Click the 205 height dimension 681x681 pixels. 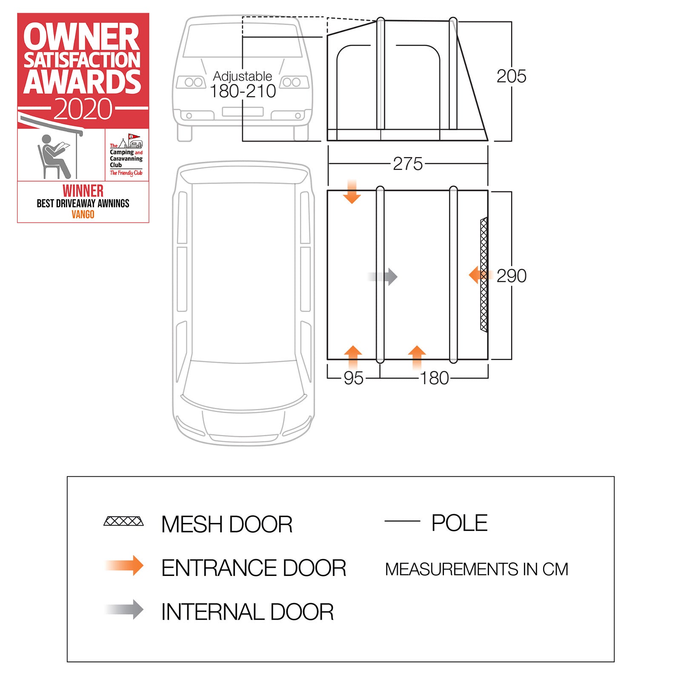[511, 77]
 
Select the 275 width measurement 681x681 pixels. [408, 164]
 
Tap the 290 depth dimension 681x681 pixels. [511, 276]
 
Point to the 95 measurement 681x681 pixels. [353, 378]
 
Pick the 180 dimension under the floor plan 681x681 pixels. [434, 378]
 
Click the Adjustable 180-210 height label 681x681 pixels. [243, 85]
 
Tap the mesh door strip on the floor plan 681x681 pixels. [484, 275]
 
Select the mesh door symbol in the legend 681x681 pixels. [123, 521]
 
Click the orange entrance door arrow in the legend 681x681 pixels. [125, 566]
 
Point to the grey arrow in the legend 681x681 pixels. [125, 609]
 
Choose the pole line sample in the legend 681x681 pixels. [402, 521]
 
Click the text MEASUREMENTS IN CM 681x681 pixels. [476, 569]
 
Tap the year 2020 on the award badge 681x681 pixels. [83, 109]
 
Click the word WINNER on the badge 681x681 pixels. [83, 191]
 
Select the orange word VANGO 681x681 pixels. [83, 214]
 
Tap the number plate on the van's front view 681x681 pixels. [243, 112]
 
